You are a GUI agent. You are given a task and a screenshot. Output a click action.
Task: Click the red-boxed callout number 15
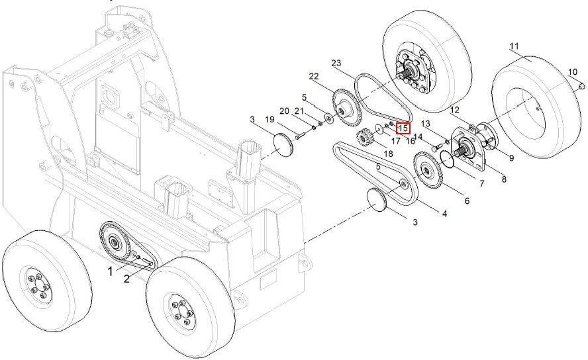(x=403, y=128)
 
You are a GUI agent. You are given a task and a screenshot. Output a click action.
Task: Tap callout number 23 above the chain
(x=336, y=64)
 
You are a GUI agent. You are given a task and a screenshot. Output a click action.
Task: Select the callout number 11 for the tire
(x=514, y=46)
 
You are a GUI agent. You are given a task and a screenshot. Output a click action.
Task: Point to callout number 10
(x=573, y=72)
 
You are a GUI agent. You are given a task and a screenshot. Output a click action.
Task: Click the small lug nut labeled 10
(x=581, y=87)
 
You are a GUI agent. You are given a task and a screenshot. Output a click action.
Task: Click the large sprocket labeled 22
(x=346, y=107)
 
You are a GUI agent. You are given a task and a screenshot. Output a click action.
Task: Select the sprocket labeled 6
(x=428, y=171)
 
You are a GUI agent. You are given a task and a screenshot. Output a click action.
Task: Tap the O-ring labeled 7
(x=448, y=159)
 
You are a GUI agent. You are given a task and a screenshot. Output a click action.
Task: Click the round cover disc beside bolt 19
(x=284, y=143)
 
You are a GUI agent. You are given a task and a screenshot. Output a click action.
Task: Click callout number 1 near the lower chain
(x=110, y=271)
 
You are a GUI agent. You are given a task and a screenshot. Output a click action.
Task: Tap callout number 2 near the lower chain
(x=126, y=279)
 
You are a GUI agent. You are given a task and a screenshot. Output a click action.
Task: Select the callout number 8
(x=504, y=179)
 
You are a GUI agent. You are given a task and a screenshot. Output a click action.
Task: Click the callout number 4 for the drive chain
(x=444, y=214)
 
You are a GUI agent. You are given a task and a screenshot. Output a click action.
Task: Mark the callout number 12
(x=454, y=110)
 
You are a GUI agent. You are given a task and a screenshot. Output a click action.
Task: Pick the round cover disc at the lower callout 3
(x=376, y=200)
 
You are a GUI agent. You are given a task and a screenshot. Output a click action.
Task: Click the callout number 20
(x=285, y=111)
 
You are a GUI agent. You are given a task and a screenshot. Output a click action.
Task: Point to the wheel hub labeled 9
(x=485, y=138)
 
